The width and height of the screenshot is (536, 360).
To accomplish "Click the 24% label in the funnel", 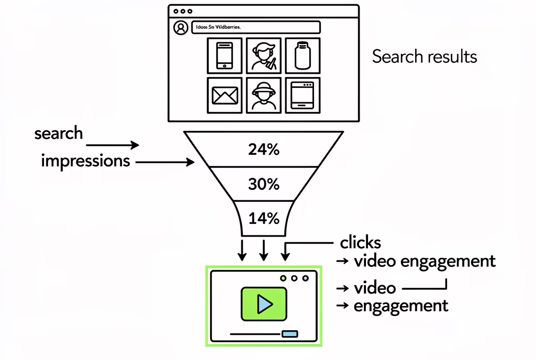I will tap(264, 150).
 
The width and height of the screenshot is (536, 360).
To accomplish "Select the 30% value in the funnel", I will tap(264, 184).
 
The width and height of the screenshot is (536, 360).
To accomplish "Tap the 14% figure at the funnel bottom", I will tap(264, 218).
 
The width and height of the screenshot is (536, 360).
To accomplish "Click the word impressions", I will tap(85, 161).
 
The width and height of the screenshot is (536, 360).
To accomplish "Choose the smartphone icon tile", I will tap(225, 55).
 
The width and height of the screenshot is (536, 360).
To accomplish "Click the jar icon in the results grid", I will tap(303, 55).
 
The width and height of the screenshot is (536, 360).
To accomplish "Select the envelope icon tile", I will tap(225, 95).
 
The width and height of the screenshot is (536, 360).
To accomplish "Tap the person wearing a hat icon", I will tap(263, 95).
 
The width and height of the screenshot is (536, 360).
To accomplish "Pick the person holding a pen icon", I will tap(263, 55).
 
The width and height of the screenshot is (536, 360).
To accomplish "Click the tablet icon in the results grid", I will tap(303, 95).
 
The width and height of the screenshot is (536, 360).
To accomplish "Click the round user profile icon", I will tap(181, 28).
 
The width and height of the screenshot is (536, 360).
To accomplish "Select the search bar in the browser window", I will tap(255, 28).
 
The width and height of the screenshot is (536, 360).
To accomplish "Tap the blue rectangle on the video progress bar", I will tap(289, 333).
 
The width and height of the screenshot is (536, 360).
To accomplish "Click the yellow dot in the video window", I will tap(283, 278).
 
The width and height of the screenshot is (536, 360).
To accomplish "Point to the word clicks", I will tap(360, 243).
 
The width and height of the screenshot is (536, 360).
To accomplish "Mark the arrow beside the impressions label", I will tap(164, 163).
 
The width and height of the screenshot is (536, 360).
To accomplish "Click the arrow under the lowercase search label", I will tap(113, 145).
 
